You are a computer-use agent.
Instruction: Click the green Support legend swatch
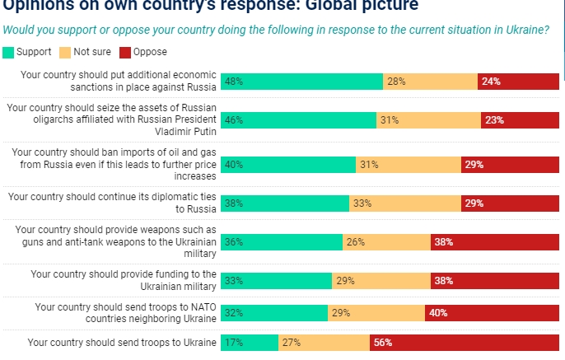point(8,52)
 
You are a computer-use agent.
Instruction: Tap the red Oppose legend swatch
point(124,52)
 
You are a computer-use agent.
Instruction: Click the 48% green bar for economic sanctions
point(301,82)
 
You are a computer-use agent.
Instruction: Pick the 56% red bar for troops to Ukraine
point(465,343)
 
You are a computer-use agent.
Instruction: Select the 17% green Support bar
point(249,343)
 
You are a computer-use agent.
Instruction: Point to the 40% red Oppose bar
point(493,313)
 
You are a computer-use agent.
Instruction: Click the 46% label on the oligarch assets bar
point(233,120)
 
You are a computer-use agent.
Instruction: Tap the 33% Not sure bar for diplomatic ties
point(404,203)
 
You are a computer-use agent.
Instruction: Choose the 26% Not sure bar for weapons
point(386,242)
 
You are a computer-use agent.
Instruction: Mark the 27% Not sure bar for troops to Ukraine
point(324,343)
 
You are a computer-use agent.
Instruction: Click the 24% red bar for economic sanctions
point(519,82)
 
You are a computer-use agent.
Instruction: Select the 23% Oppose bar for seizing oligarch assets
point(521,120)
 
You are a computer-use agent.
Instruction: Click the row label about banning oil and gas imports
point(113,164)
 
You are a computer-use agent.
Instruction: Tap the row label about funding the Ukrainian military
point(123,280)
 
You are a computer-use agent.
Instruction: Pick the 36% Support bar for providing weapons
point(281,242)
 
